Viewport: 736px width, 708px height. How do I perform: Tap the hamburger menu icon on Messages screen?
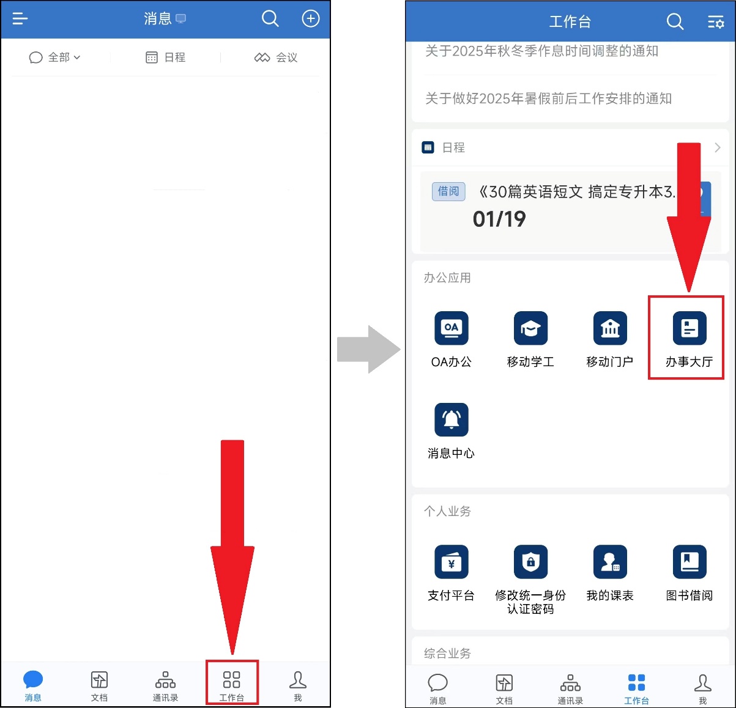[20, 18]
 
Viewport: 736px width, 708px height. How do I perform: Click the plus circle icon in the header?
[311, 18]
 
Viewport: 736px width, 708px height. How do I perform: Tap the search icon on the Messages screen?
[270, 18]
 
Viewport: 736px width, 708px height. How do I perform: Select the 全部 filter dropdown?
[55, 57]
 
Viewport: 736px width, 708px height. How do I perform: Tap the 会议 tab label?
[286, 57]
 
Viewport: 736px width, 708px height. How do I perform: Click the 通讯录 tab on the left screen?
[165, 686]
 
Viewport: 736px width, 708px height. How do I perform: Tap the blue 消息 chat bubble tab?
[33, 686]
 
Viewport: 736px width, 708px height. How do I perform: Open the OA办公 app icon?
[452, 328]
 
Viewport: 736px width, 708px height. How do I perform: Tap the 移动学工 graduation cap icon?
[530, 328]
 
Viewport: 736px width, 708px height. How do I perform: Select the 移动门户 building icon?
[610, 328]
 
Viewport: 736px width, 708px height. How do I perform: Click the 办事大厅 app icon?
[690, 328]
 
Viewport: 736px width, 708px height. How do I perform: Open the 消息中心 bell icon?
[452, 419]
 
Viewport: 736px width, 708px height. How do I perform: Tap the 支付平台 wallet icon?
[452, 562]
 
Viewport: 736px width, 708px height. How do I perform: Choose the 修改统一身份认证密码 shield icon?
[530, 562]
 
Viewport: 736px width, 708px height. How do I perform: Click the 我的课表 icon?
[610, 562]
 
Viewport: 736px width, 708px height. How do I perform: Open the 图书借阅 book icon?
[690, 562]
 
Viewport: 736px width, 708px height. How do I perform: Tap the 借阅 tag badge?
[448, 191]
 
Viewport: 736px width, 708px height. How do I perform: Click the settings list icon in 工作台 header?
[716, 21]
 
